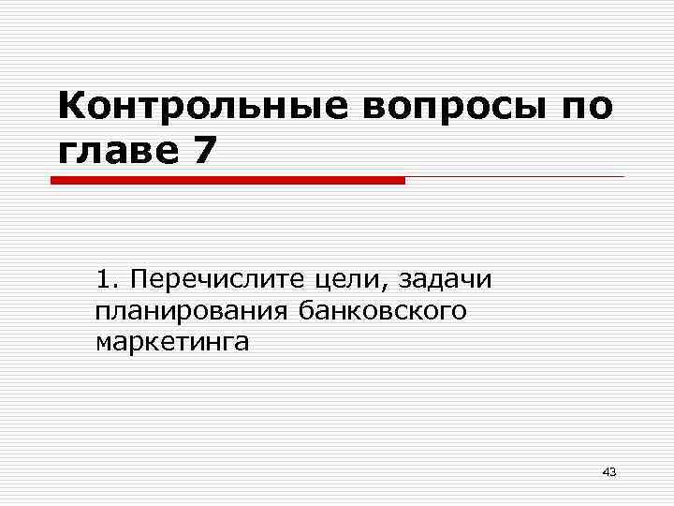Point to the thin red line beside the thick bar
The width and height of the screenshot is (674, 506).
tap(515, 176)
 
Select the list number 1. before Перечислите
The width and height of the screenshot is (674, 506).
tap(107, 278)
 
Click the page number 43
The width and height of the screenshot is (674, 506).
tap(609, 471)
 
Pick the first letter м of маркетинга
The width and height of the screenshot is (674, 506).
tap(103, 343)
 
